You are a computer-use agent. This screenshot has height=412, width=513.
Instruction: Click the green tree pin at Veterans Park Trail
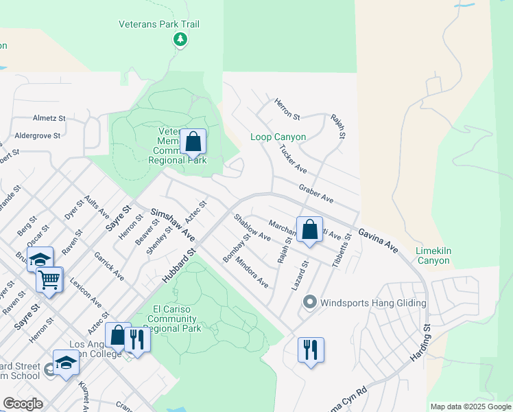[180, 40]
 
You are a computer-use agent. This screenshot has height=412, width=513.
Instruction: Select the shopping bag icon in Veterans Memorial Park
[193, 142]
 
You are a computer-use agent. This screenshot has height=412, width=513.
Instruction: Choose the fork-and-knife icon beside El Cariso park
[137, 340]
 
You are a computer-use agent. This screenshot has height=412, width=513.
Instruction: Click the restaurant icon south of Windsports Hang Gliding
[311, 350]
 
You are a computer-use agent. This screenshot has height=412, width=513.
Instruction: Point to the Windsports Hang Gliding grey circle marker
[309, 302]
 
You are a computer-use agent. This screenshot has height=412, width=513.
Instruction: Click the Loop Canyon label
[278, 137]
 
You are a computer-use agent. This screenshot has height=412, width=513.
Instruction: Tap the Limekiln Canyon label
[433, 256]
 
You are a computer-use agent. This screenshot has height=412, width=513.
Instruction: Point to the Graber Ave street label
[315, 193]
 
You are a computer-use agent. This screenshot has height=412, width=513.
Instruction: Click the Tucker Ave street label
[292, 159]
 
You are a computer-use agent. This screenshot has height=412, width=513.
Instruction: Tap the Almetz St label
[49, 118]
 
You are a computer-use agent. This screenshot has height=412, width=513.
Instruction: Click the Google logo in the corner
[23, 404]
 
